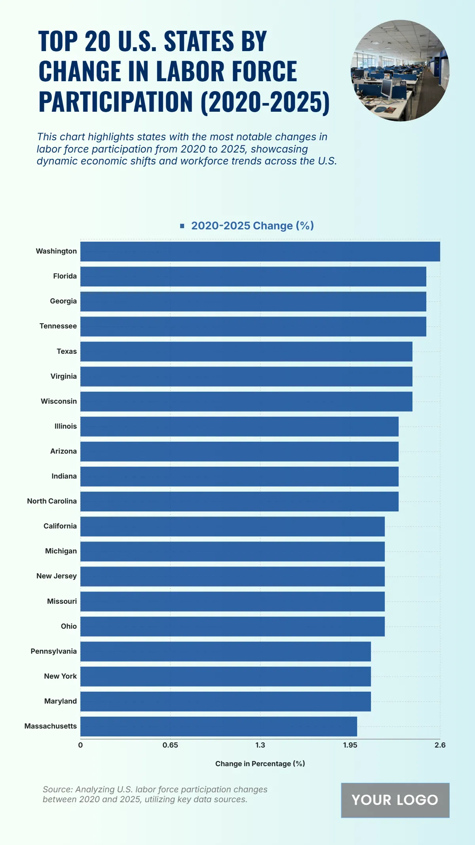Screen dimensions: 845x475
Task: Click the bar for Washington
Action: [260, 252]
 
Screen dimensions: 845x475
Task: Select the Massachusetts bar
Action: [218, 726]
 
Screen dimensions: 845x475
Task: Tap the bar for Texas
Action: [246, 351]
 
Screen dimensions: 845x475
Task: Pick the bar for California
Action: [232, 526]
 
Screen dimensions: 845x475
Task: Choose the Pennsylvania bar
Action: [226, 651]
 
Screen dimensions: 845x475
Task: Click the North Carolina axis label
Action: [52, 501]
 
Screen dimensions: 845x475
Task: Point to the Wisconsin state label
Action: [59, 401]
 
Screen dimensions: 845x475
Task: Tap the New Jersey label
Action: [57, 576]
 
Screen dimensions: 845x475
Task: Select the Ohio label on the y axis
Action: [69, 626]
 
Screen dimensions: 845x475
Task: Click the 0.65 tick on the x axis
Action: [170, 745]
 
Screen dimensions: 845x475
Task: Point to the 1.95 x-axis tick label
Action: [350, 745]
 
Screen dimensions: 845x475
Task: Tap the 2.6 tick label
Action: [440, 745]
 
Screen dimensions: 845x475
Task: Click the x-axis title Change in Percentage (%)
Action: [260, 764]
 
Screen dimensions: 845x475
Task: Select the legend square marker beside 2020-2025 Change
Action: [182, 226]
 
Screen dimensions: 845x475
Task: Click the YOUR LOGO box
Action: [395, 800]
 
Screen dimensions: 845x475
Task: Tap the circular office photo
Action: [400, 71]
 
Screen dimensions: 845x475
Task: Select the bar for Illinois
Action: [239, 426]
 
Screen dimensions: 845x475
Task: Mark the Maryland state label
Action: [61, 701]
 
